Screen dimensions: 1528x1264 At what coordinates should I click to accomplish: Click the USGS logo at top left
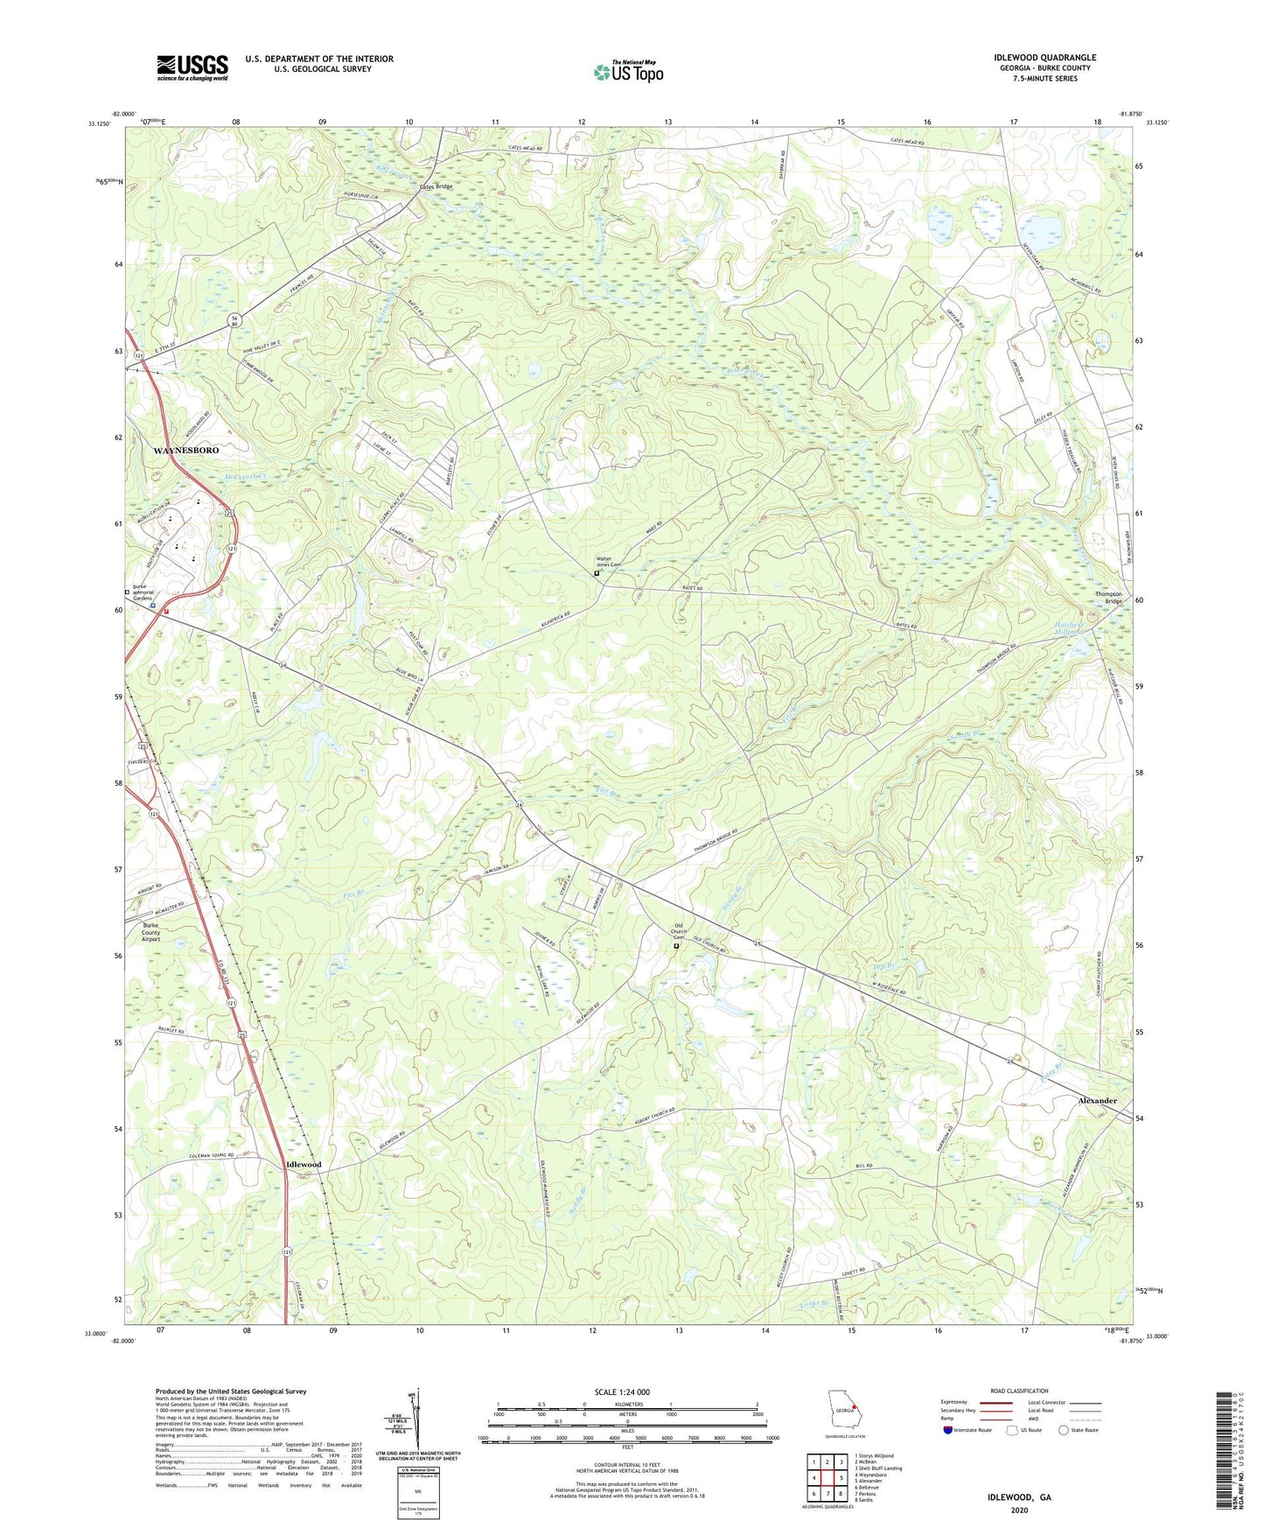coord(192,67)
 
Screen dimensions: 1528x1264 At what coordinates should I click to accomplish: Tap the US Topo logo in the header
coord(628,72)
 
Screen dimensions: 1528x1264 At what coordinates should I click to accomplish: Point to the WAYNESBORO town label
coord(186,450)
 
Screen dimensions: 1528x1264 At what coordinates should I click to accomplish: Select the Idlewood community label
coord(304,1165)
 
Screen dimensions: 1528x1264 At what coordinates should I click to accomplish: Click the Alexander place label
coord(1097,1100)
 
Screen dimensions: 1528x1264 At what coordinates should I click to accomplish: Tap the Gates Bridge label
coord(436,186)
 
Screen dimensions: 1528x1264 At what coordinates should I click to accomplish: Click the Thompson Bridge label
coord(1107,598)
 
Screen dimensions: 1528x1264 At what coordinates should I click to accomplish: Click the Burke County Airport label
coord(151,932)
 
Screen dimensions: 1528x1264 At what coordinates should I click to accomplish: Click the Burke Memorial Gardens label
coord(155,592)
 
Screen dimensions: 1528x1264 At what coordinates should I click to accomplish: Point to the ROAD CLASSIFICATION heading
coord(1020,1391)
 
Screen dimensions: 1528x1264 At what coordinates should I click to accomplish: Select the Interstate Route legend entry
coord(967,1430)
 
